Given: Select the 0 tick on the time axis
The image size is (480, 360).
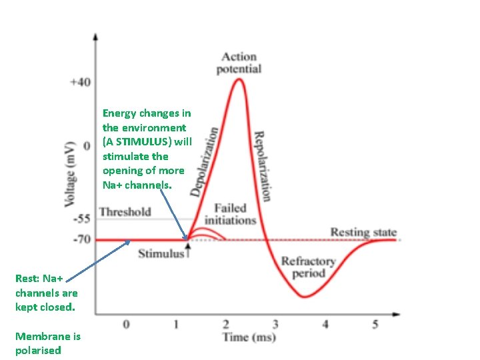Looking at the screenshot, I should tap(126, 324).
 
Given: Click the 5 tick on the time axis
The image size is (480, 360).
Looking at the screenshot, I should tap(375, 324).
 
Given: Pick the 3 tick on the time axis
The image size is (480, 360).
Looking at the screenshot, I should tap(275, 324).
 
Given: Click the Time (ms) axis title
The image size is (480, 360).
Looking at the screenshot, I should tap(249, 337).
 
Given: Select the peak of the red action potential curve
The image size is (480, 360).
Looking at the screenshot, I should tap(237, 80).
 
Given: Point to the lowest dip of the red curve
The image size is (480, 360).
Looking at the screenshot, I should tap(305, 297).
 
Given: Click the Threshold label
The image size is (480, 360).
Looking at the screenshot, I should tap(125, 212).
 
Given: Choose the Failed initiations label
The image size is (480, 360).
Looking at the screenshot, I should tap(230, 214).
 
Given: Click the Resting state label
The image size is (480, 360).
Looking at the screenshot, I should tap(363, 233).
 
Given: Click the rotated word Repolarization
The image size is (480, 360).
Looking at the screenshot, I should tap(263, 165).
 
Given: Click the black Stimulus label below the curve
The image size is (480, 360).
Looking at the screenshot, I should tap(160, 253).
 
